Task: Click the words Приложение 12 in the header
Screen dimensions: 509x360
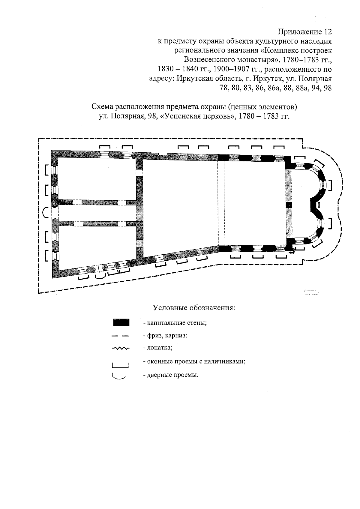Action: (x=305, y=31)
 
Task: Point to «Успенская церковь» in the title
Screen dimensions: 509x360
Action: (x=197, y=116)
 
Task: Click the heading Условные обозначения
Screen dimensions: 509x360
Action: (x=194, y=308)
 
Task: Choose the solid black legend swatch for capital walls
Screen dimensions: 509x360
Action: (x=121, y=322)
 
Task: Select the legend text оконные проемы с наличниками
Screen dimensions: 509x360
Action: (x=194, y=361)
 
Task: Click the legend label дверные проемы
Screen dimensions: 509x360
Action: (x=171, y=375)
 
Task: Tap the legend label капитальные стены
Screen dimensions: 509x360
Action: (x=175, y=323)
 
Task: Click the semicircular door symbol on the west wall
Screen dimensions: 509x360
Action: (x=46, y=213)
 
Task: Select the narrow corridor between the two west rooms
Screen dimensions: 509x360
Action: (x=96, y=213)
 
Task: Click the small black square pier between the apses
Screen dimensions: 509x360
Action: (x=289, y=205)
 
